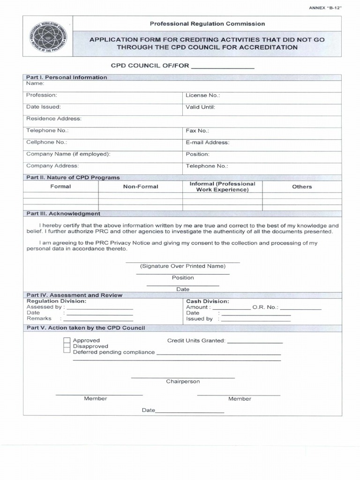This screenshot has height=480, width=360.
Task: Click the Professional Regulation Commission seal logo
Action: coord(47,37)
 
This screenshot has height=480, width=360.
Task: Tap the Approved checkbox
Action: coord(67,341)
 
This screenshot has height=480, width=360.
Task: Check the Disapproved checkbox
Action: coord(67,346)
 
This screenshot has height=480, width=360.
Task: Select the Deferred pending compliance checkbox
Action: coord(67,352)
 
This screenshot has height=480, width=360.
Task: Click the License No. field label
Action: coord(202,95)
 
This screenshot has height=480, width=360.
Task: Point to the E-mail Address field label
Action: coord(207,142)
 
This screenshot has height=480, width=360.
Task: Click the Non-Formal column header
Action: coord(141,187)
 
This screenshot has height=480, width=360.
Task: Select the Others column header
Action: coord(302,187)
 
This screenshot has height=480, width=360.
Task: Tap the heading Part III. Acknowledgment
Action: coord(63,213)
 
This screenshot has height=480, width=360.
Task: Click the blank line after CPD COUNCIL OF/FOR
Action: coord(223,67)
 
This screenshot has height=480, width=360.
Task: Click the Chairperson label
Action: coord(183,382)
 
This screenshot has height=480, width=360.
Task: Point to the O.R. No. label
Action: coord(265,307)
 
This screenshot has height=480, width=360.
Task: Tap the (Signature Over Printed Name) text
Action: coord(183,266)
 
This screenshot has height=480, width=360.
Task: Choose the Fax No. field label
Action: coord(197,131)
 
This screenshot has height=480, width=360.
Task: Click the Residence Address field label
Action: coord(54,119)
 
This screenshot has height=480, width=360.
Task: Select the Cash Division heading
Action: coord(208,301)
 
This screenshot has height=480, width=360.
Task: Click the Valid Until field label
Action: coord(200,107)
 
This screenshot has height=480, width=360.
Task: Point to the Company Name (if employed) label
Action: coord(68,154)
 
